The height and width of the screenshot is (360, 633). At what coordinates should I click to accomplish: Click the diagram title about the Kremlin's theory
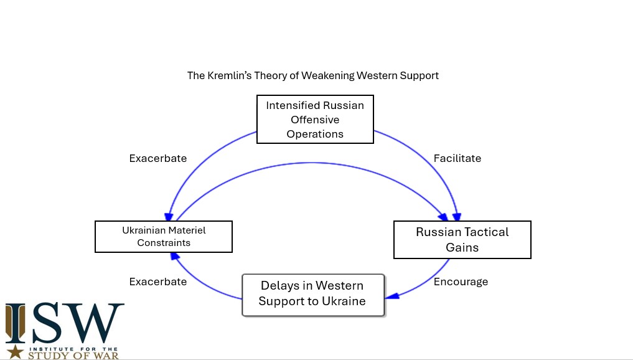point(313,75)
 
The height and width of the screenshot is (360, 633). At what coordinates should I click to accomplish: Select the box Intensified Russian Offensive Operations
point(315,120)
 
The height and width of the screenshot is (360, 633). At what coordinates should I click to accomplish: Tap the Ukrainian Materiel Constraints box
point(164,237)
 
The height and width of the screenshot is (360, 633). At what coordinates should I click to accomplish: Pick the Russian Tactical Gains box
point(462,240)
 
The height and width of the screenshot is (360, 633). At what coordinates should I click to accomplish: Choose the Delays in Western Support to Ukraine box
point(312,294)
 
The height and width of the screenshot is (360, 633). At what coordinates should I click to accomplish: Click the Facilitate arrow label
point(457,158)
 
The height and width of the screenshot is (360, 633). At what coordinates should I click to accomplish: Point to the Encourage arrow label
point(461,282)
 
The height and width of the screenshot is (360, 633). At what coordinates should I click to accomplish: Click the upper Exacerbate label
point(158,158)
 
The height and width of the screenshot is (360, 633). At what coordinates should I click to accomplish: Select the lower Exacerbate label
point(158,282)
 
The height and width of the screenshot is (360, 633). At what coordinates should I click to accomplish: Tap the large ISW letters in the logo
point(65,323)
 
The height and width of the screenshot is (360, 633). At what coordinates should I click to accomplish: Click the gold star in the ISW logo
point(16,352)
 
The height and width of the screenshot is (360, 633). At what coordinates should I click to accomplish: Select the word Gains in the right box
point(462,247)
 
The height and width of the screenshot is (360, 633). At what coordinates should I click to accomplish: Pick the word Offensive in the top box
point(315,120)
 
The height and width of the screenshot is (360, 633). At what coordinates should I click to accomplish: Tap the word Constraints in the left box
point(164,243)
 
